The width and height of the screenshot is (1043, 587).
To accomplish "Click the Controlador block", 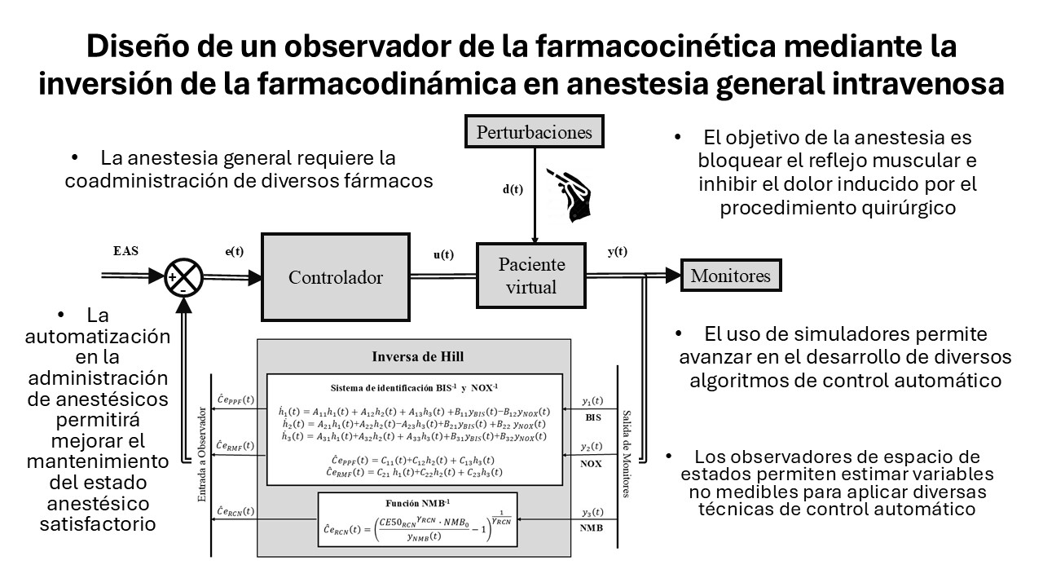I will pos(335,277).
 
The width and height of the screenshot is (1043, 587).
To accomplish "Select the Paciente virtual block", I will pos(532,276).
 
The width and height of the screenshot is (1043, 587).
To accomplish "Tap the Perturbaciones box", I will pos(534,132).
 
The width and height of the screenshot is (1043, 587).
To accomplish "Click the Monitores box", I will pos(730,276).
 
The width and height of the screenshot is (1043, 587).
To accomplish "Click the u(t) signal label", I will pos(443,254).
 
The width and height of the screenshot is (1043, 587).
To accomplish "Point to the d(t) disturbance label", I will pos(513,189).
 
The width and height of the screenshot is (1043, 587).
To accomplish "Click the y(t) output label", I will pos(618,251).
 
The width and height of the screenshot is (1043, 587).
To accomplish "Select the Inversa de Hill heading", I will pos(417,356).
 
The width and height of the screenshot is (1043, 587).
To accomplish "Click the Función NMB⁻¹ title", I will pos(417,504).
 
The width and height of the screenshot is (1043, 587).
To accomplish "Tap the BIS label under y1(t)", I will pos(593,417).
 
